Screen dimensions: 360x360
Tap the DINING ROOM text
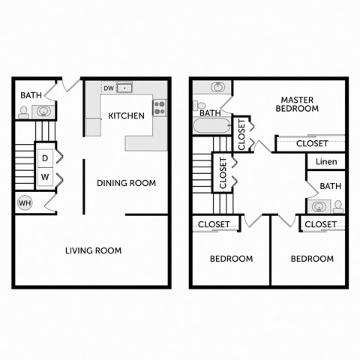[x=126, y=182]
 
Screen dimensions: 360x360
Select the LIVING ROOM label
[x=93, y=250]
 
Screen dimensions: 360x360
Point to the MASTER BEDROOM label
[x=300, y=104]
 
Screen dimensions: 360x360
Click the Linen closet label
[x=326, y=162]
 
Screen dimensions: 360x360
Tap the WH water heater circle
[x=23, y=202]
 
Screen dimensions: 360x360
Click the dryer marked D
[x=45, y=158]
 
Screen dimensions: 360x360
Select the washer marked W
[x=45, y=177]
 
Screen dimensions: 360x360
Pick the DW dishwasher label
[x=109, y=88]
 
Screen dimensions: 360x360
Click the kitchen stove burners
[x=160, y=107]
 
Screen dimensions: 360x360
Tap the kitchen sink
[x=124, y=88]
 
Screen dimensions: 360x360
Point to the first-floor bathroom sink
[x=43, y=112]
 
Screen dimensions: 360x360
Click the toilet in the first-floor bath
[x=24, y=112]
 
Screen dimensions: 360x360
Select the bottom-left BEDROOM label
[x=230, y=259]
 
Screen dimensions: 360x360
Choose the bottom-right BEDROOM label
[x=312, y=259]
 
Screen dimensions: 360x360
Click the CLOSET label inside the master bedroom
[x=312, y=143]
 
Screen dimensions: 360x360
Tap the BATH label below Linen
[x=330, y=185]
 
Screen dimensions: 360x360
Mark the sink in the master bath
[x=217, y=88]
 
